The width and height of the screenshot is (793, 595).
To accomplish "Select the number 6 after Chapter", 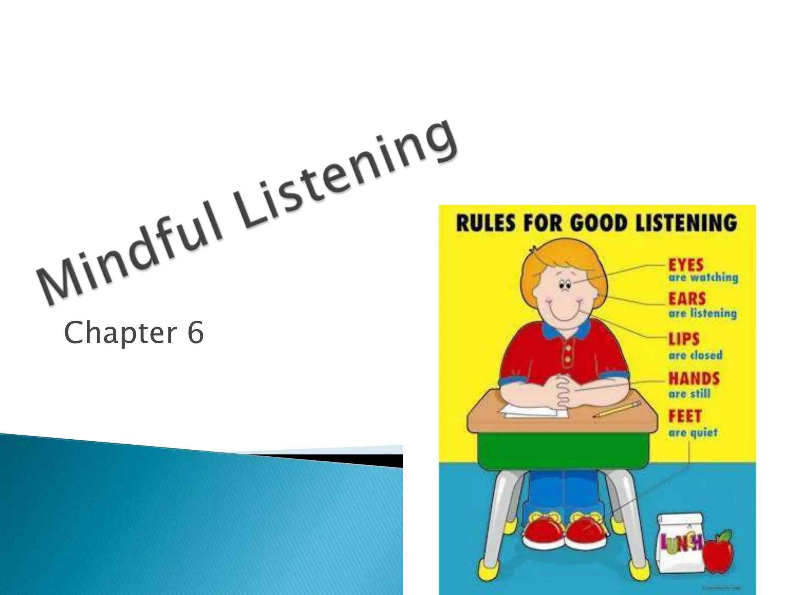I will [x=196, y=333].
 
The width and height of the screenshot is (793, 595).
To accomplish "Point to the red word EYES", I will [x=686, y=265].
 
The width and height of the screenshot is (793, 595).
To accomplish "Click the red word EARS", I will [x=687, y=299].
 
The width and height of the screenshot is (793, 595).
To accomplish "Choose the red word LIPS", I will [x=684, y=339].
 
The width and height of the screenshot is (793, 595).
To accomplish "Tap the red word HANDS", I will [x=694, y=378].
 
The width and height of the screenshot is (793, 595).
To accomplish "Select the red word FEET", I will [x=685, y=416].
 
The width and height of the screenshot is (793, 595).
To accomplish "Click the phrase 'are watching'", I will [x=703, y=278].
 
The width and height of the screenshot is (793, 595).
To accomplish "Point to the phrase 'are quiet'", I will [x=693, y=432].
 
